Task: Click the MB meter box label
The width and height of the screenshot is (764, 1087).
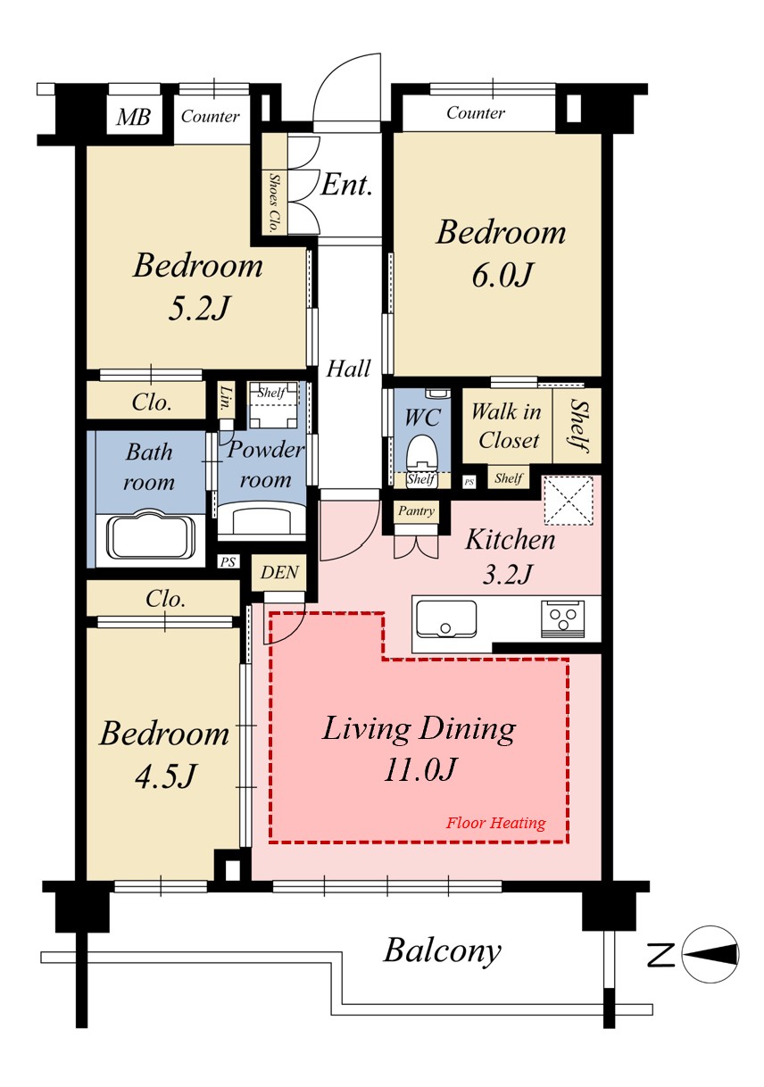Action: click(x=133, y=117)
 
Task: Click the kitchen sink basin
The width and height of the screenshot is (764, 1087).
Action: click(x=446, y=618)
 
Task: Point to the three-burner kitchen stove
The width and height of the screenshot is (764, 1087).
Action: click(x=562, y=618)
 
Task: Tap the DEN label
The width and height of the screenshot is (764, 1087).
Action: click(x=279, y=573)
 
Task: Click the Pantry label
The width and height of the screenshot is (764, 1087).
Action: click(x=416, y=511)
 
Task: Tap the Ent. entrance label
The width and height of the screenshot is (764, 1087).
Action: click(x=346, y=185)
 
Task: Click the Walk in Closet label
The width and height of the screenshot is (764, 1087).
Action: click(x=506, y=426)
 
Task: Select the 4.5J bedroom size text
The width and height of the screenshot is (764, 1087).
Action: click(x=164, y=776)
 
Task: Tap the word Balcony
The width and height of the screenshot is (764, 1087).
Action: click(x=442, y=951)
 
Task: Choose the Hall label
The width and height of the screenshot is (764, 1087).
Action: click(x=348, y=369)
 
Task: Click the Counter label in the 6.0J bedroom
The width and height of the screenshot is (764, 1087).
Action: click(x=475, y=112)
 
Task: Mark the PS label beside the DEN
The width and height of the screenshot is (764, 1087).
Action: click(x=228, y=561)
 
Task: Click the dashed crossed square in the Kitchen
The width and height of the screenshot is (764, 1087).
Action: click(x=569, y=501)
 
